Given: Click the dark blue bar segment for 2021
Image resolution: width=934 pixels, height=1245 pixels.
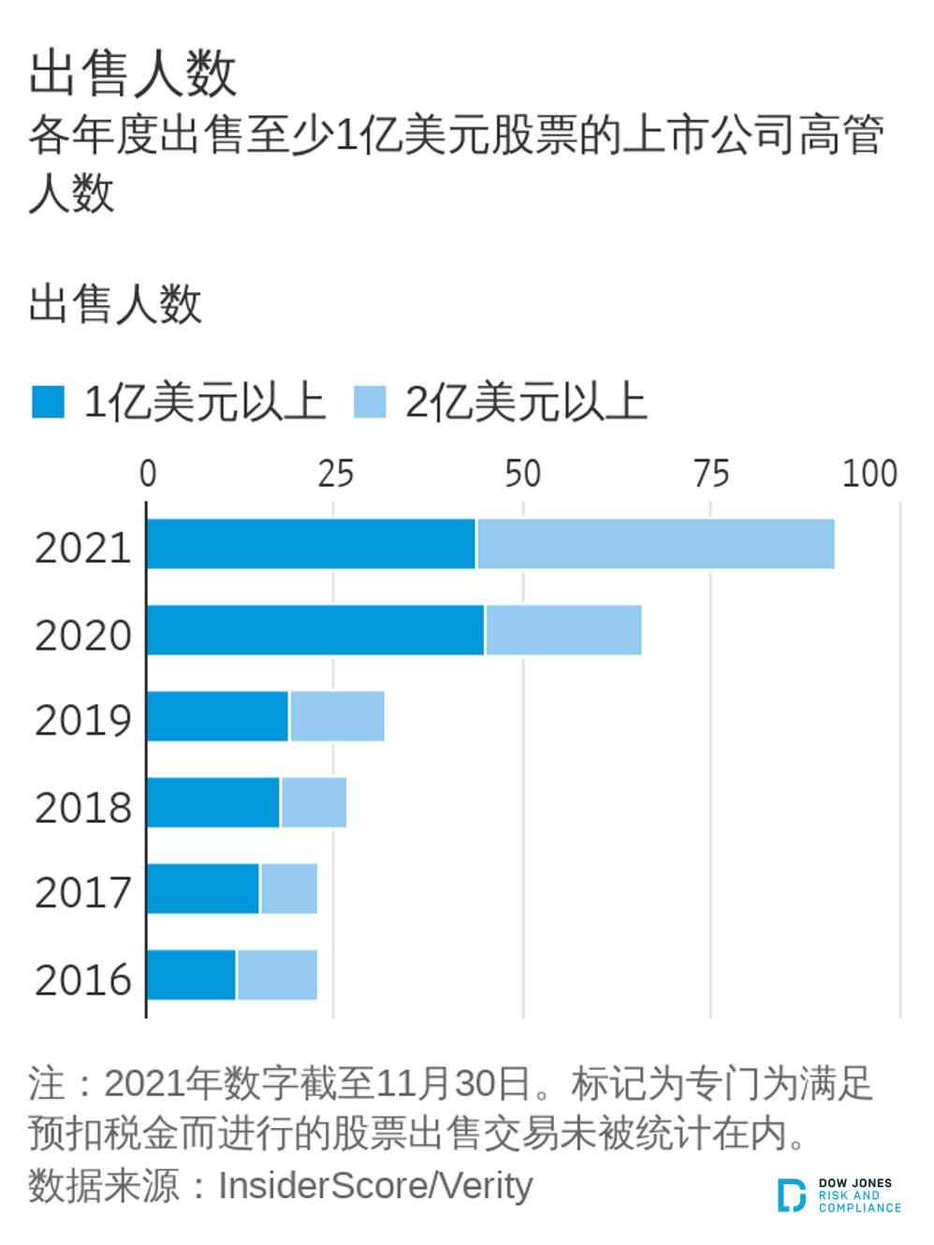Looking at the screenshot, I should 311,544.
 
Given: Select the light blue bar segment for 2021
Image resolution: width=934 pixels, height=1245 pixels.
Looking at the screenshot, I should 655,544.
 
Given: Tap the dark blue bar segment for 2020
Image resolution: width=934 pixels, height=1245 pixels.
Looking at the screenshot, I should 315,630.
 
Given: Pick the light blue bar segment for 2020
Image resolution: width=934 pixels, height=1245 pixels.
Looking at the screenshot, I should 563,630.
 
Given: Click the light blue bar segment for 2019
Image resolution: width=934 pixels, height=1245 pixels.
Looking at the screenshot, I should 337,716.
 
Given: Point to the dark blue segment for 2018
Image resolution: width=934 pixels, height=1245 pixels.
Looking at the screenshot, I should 213,802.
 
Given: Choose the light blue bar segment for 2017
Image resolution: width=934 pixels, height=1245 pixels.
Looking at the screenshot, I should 288,888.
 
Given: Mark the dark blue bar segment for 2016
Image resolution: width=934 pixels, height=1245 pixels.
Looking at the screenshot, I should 192,974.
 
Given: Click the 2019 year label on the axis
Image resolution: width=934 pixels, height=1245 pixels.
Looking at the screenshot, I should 83,720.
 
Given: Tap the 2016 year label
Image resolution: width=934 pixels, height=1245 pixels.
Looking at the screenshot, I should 83,979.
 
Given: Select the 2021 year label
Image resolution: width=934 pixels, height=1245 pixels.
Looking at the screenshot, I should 83,548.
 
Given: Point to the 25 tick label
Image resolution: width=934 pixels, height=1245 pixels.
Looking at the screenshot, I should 335,474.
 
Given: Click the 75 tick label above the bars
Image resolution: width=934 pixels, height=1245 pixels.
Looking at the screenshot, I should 710,474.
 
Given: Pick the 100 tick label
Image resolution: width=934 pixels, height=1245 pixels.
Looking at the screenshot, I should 869,474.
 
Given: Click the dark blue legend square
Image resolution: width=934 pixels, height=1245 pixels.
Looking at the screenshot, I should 48,402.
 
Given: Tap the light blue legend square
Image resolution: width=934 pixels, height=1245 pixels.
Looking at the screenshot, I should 370,402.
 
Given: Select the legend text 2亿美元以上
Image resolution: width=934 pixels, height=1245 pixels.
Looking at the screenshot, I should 526,403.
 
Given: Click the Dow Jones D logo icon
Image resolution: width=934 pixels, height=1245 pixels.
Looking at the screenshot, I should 791,1195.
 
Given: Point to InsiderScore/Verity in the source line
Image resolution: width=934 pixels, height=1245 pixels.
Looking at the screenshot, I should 375,1186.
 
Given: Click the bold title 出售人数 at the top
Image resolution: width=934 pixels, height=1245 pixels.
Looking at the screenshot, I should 132,73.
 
